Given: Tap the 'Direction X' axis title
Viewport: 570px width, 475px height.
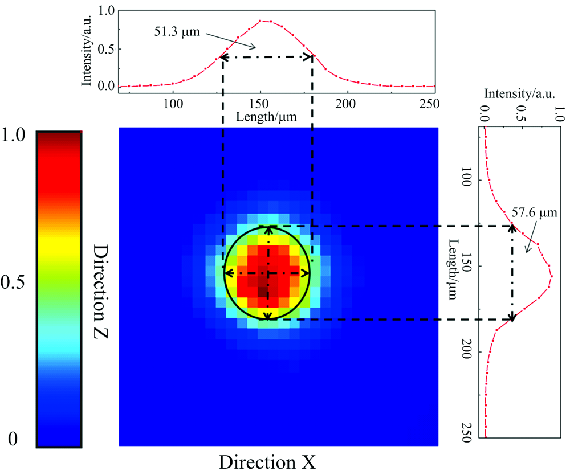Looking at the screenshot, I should (x=267, y=462).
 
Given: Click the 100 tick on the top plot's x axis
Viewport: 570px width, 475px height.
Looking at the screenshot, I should (x=173, y=104).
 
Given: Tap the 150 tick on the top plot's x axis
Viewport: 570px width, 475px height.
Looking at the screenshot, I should (x=259, y=104).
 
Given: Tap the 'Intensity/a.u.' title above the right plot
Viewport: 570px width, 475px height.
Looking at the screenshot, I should (x=519, y=92).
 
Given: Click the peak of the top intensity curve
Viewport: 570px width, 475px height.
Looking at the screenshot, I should (x=261, y=21).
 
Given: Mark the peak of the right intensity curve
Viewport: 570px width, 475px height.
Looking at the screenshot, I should (x=551, y=276).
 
